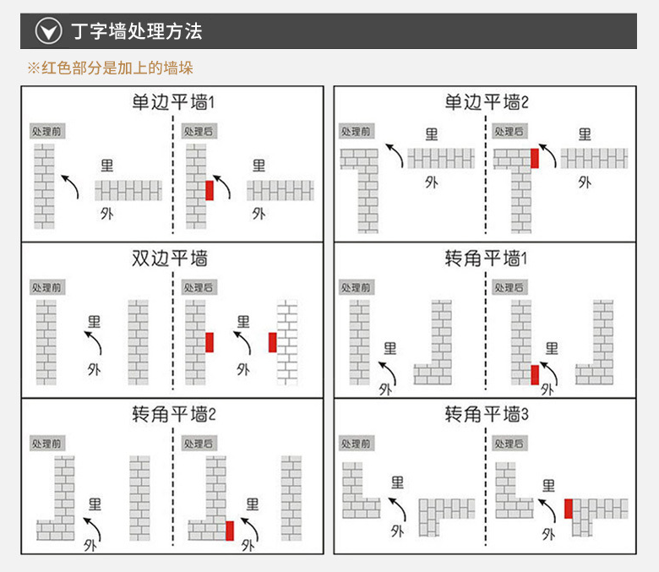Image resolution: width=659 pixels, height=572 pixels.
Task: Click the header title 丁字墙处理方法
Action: point(136,32)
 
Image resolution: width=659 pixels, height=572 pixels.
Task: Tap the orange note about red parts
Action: point(110,68)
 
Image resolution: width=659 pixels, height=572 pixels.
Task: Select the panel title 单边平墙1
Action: point(173,103)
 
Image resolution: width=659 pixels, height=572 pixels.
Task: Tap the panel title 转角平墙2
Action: point(173,415)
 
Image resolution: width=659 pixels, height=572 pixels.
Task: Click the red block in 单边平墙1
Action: point(210,189)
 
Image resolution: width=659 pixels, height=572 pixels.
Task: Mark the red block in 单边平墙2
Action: point(534,157)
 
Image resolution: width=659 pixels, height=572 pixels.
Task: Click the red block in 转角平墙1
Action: point(535,374)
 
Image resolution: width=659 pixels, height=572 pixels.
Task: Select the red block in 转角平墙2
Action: point(230,530)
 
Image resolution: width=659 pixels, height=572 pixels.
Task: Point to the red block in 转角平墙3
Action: point(569,509)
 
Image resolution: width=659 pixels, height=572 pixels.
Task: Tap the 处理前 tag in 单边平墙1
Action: point(47,132)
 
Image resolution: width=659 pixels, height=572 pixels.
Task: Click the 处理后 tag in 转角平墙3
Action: point(509,444)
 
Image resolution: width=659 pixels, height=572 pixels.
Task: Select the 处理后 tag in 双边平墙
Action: point(199,288)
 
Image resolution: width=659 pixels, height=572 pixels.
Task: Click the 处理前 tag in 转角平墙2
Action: point(47,444)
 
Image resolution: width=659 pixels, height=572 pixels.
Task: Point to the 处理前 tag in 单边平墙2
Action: point(356,132)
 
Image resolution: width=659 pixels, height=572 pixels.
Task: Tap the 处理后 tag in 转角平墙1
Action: point(509,288)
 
